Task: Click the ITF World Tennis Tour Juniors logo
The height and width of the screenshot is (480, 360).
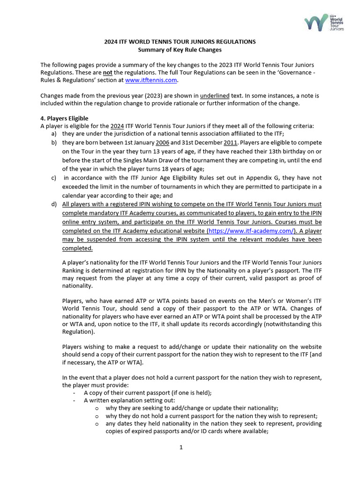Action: [x=323, y=22]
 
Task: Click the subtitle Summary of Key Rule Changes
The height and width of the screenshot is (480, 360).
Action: [x=180, y=50]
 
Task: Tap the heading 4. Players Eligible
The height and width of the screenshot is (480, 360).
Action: [x=64, y=118]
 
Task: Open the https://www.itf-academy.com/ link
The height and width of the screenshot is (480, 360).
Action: [x=251, y=231]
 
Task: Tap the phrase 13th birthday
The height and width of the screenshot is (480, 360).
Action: [x=292, y=151]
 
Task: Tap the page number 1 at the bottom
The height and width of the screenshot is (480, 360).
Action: [x=180, y=447]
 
